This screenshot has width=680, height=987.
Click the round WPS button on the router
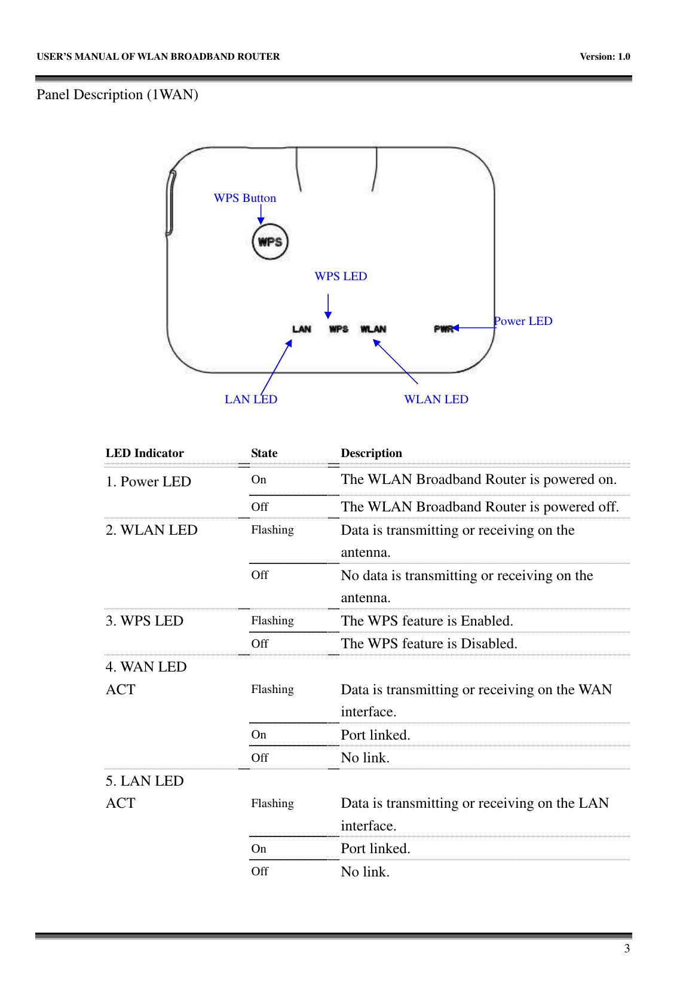(270, 242)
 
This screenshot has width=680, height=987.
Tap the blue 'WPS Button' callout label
(245, 198)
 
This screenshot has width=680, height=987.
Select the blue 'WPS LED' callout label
(341, 277)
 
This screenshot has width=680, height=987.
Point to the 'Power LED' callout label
(523, 321)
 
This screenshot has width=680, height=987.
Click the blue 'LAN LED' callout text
(251, 400)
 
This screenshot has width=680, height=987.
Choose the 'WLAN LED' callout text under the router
(436, 400)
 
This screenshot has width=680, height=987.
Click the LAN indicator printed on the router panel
(302, 329)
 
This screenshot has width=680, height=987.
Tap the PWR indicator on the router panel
(443, 329)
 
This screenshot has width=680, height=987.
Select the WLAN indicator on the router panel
(373, 329)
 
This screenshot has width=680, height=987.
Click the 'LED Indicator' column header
(145, 453)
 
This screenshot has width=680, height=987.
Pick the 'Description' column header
(371, 453)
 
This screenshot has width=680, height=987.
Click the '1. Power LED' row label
(148, 482)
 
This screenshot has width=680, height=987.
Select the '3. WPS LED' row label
(145, 621)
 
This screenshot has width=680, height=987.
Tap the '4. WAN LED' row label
(146, 667)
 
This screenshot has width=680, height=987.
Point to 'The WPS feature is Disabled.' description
(429, 644)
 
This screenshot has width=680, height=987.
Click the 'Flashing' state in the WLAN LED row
(272, 531)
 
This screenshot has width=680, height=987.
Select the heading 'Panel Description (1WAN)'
(117, 95)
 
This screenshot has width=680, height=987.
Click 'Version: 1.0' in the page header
(605, 57)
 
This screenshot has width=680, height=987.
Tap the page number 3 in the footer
(627, 949)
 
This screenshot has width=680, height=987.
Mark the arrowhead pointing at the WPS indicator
(328, 315)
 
